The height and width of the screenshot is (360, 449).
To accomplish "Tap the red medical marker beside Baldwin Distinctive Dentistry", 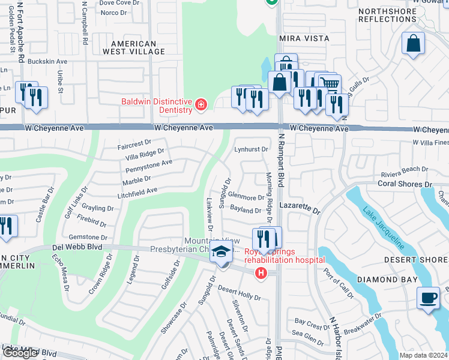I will (x=200, y=106).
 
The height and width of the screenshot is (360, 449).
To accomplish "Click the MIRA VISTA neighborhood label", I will (x=304, y=38).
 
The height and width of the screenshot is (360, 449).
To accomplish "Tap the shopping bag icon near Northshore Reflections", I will (x=414, y=44).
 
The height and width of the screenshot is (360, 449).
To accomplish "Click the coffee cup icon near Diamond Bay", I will (x=429, y=299).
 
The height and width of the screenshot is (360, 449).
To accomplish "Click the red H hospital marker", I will (x=261, y=273).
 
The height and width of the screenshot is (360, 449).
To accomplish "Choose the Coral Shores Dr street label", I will (x=405, y=184).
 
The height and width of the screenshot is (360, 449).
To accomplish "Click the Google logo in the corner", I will (x=20, y=353).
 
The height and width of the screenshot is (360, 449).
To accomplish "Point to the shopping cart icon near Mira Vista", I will (x=329, y=83).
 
